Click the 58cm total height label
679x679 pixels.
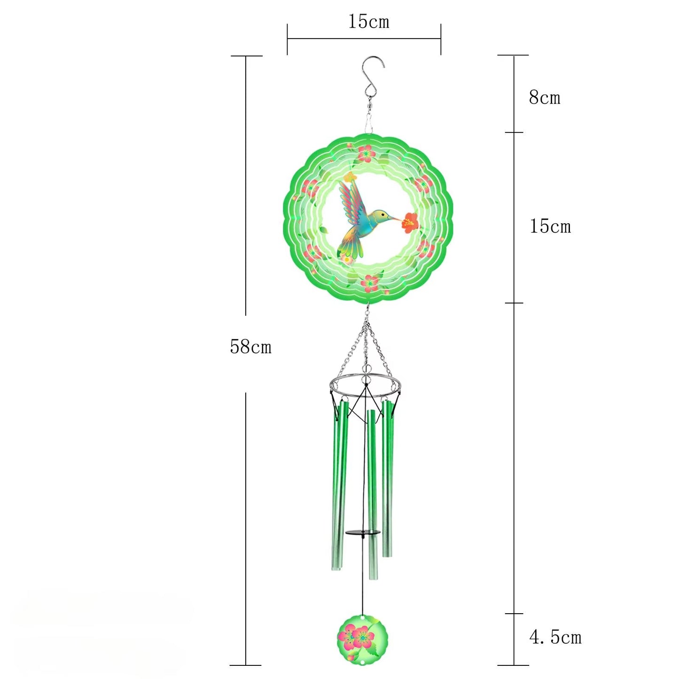(250, 347)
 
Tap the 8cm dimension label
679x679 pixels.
(544, 98)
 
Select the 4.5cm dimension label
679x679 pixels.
(555, 637)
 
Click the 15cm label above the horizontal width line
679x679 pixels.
(368, 22)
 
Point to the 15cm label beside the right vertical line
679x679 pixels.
(550, 226)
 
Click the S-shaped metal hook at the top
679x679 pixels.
(373, 75)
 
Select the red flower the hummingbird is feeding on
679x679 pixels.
(410, 222)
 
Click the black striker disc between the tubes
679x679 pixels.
(362, 532)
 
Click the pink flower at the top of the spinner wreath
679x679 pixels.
(365, 153)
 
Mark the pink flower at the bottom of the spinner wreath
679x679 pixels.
(371, 283)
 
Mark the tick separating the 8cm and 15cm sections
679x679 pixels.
(514, 133)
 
